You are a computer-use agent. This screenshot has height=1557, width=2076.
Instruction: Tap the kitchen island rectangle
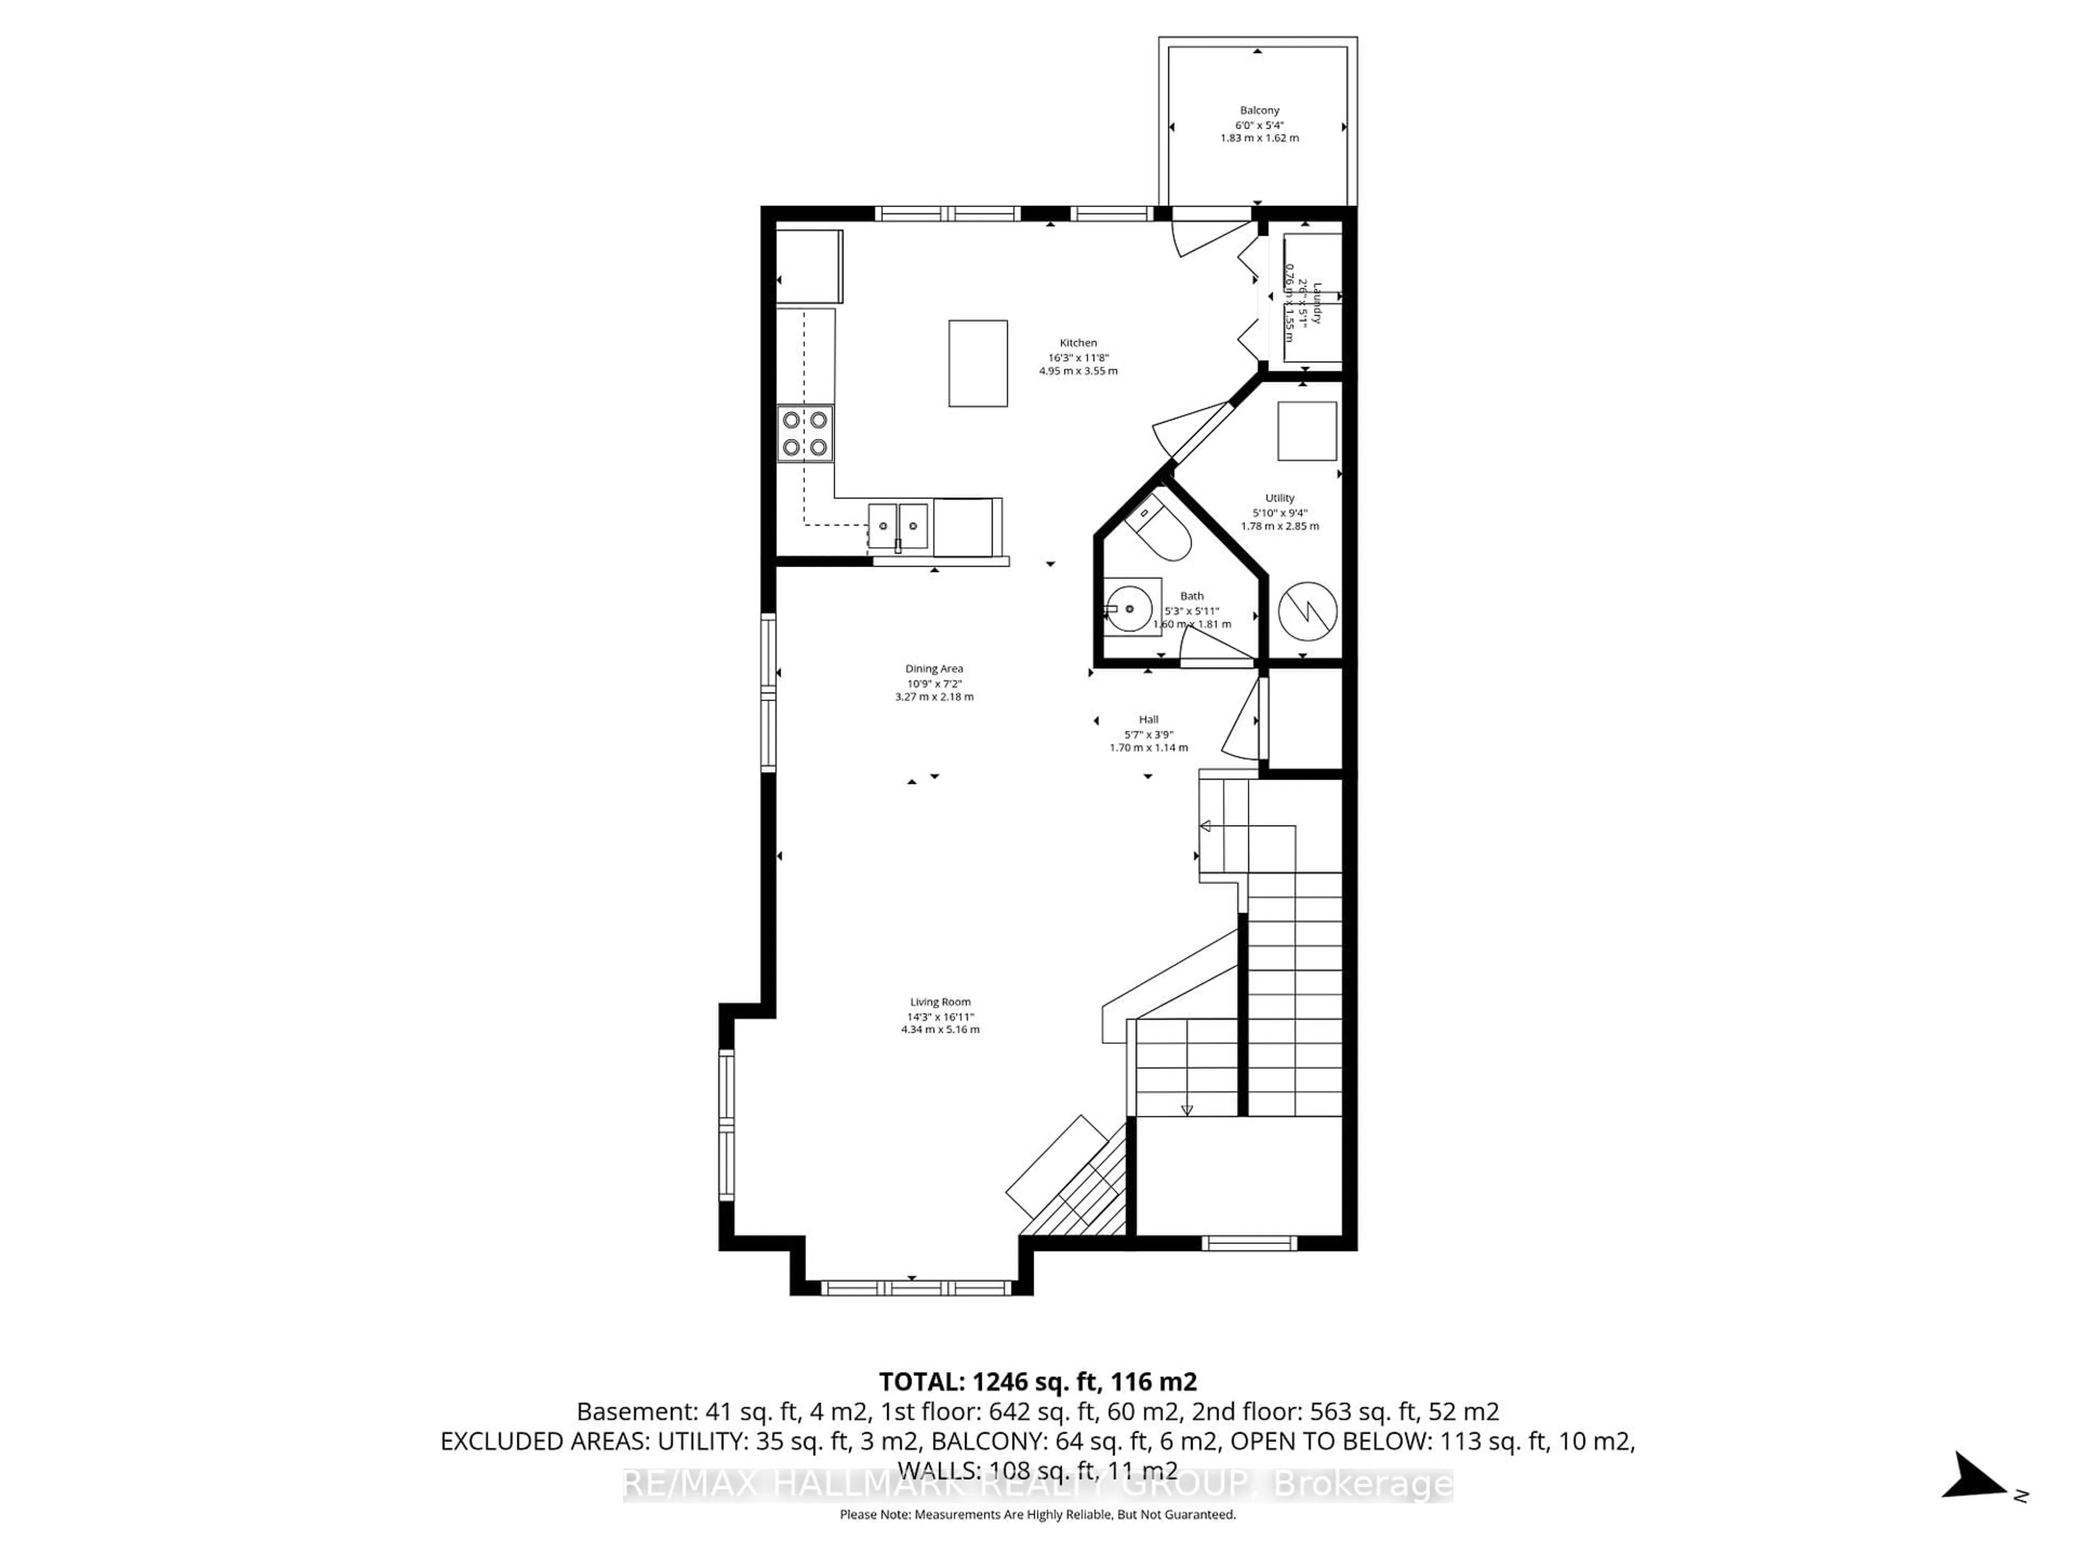click(978, 363)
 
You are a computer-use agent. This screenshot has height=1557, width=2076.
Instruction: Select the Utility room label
click(1279, 498)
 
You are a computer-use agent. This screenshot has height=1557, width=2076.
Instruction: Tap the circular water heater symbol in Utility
click(1307, 612)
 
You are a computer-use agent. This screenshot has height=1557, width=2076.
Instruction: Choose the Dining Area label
click(934, 669)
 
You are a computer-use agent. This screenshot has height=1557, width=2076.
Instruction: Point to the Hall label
click(1148, 720)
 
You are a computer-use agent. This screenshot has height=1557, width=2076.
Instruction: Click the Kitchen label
click(1079, 343)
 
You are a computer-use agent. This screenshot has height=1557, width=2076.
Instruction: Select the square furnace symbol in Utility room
click(1306, 431)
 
